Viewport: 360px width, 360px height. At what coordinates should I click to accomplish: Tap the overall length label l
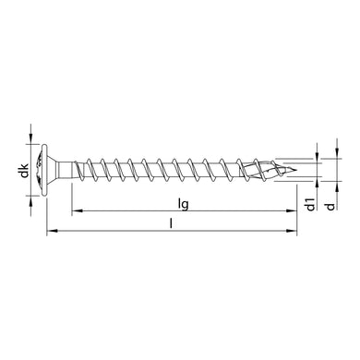173,223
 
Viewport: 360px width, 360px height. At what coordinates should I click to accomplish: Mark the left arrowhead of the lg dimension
77,210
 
